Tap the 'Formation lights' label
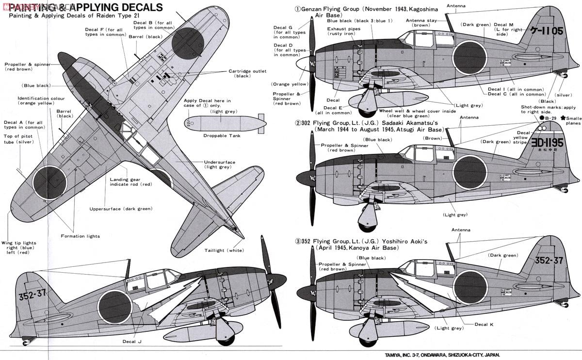click(x=81, y=236)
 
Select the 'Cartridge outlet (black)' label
click(x=247, y=73)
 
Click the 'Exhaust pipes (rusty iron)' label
click(x=343, y=32)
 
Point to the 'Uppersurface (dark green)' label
click(x=121, y=209)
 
